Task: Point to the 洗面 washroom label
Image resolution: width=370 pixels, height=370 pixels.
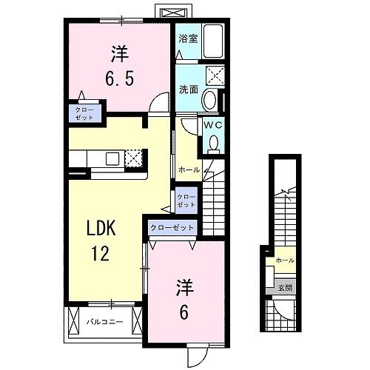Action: pos(188,90)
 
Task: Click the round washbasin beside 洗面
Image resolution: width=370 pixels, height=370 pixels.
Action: pos(210,101)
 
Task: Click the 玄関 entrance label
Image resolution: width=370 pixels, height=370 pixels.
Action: pos(285,288)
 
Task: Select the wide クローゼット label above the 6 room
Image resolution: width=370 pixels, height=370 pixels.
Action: pos(172,229)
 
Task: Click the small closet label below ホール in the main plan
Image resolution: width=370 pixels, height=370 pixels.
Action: pos(186,201)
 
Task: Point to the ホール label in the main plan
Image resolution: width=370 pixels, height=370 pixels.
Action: pos(189,170)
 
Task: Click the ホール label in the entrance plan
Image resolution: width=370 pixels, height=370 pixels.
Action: pos(285,261)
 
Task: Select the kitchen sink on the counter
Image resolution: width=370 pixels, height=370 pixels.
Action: pos(111,158)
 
